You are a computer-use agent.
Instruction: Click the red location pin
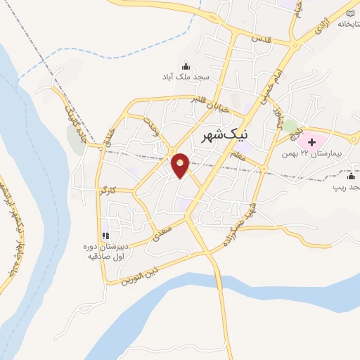181,165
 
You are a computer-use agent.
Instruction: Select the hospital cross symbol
312,143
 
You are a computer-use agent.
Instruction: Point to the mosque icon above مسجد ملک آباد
186,65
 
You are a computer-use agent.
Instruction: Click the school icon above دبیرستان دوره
105,236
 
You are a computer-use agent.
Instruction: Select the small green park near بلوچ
289,127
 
